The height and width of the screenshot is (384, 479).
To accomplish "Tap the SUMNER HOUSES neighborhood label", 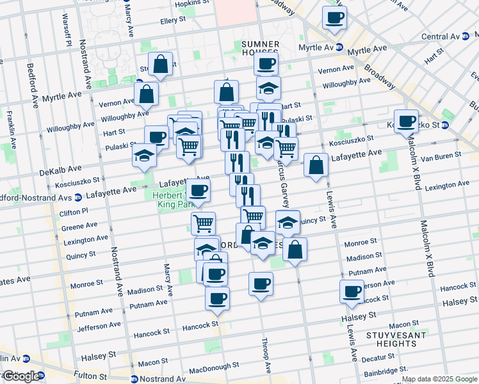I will coord(260,48).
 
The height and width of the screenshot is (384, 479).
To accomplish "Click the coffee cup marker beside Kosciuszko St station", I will coord(405,120).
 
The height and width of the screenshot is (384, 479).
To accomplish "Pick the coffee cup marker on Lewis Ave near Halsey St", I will coord(352,291).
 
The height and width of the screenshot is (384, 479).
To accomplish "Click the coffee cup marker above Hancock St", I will coord(217,298).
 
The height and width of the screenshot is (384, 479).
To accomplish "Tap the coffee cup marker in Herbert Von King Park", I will coord(199,189).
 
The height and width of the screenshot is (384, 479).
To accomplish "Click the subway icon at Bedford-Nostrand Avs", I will coord(77,196).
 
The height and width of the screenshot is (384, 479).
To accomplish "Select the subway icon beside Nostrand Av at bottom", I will coord(134,379).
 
